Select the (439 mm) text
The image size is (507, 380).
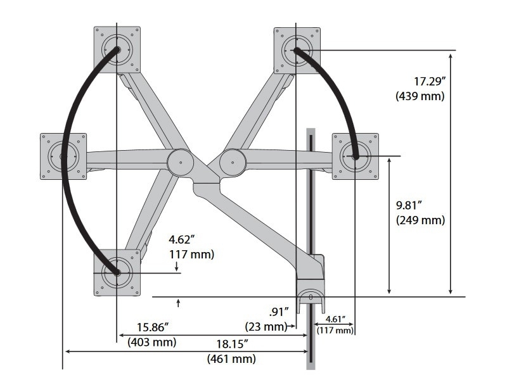420,96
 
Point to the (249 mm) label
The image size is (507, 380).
420,220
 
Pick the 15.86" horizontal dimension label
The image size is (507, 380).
153,327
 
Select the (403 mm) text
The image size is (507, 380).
152,342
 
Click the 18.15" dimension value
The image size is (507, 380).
231,344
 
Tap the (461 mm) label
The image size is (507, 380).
231,359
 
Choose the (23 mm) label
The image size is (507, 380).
266,326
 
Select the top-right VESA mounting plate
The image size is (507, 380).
297,49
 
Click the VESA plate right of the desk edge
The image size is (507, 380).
356,156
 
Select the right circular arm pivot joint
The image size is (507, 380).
233,162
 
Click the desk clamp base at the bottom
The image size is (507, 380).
311,295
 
